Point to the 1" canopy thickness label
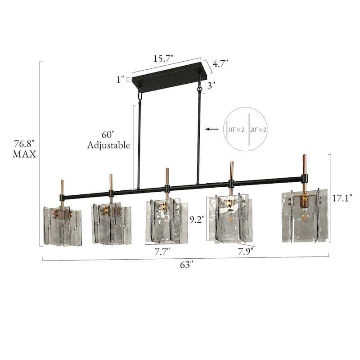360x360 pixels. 120,80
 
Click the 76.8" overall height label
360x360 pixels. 24,144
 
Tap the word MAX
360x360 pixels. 24,154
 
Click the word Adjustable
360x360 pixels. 108,145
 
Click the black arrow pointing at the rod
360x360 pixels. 211,129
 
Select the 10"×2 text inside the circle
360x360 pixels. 235,129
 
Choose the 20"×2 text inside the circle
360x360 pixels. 258,129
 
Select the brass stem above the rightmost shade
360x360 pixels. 304,165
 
